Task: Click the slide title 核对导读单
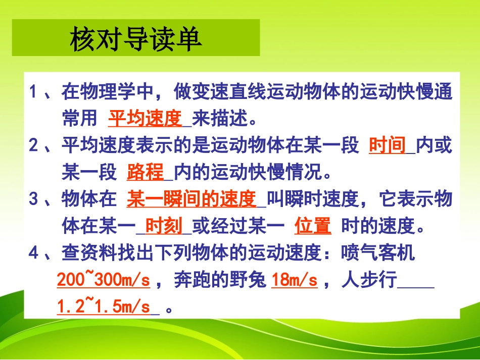[x=135, y=39]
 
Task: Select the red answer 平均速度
[x=145, y=119]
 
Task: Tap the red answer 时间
[x=388, y=145]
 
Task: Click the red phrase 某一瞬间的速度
[x=191, y=199]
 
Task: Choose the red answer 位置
[x=313, y=226]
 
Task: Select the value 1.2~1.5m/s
[x=104, y=306]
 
